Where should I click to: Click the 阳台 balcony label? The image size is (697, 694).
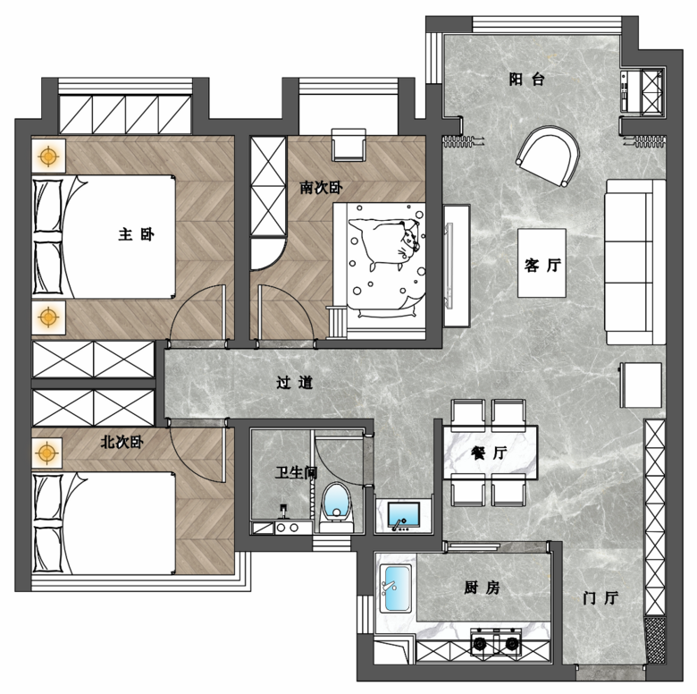pyautogui.click(x=526, y=80)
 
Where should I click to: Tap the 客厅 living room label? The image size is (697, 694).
pyautogui.click(x=542, y=265)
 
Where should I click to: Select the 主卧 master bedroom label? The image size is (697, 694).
pyautogui.click(x=136, y=234)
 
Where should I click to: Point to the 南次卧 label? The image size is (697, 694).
pyautogui.click(x=321, y=188)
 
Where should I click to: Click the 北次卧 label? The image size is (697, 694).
pyautogui.click(x=122, y=442)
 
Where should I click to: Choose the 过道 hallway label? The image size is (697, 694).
pyautogui.click(x=294, y=382)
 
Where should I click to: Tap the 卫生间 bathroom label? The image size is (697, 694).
pyautogui.click(x=296, y=472)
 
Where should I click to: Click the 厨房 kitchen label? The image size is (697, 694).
pyautogui.click(x=482, y=588)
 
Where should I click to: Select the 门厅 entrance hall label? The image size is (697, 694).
pyautogui.click(x=600, y=598)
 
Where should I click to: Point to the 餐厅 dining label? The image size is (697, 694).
pyautogui.click(x=489, y=453)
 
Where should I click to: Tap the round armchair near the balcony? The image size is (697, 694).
pyautogui.click(x=548, y=156)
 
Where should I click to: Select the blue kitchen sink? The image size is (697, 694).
pyautogui.click(x=395, y=588)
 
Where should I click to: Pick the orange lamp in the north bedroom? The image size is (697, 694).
pyautogui.click(x=46, y=453)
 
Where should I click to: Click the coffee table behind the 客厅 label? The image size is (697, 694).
pyautogui.click(x=542, y=262)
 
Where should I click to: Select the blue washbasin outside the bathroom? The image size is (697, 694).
pyautogui.click(x=403, y=517)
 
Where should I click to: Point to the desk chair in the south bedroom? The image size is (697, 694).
pyautogui.click(x=348, y=145)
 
